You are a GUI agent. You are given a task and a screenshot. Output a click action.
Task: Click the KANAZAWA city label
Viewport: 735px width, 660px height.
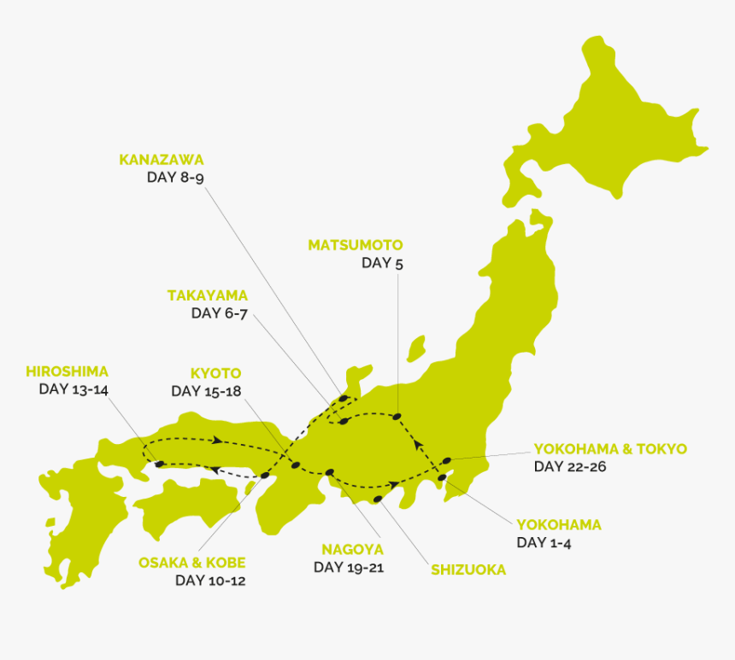(162, 160)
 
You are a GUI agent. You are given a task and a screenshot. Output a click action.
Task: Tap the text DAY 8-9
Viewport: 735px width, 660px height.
(175, 178)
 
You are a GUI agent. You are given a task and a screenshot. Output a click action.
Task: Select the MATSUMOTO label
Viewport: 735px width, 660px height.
(355, 245)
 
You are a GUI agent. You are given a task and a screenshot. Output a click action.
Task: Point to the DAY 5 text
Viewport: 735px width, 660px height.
(382, 263)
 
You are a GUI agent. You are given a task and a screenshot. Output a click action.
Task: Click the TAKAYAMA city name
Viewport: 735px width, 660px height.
(207, 295)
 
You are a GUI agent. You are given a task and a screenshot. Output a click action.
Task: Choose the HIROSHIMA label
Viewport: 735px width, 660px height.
(67, 371)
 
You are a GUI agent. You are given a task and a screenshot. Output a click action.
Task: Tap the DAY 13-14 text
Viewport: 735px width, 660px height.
(73, 389)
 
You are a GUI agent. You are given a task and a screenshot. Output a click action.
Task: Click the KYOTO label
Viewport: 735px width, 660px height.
(215, 373)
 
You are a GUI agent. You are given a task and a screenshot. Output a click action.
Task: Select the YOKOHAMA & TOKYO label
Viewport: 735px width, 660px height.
(610, 449)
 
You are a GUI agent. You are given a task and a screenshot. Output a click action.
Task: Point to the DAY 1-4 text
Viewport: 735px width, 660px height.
(544, 543)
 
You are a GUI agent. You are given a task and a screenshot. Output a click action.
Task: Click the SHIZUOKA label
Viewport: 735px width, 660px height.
(468, 569)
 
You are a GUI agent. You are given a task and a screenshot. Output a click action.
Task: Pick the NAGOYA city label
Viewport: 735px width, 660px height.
(352, 549)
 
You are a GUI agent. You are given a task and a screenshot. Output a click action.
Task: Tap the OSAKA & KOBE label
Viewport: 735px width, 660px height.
(192, 563)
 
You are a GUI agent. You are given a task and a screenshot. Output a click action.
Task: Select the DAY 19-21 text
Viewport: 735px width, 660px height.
(349, 567)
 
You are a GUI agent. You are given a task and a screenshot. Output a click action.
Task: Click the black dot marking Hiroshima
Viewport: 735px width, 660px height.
(160, 464)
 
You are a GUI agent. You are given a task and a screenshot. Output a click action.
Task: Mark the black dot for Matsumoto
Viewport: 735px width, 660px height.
(397, 417)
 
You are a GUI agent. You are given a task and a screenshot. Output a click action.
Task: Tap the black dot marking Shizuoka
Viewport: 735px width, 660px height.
(378, 499)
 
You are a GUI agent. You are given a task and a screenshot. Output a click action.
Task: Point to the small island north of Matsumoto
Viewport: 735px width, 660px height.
(416, 347)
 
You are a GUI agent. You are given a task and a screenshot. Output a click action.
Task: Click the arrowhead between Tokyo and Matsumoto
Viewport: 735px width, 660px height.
(418, 444)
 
